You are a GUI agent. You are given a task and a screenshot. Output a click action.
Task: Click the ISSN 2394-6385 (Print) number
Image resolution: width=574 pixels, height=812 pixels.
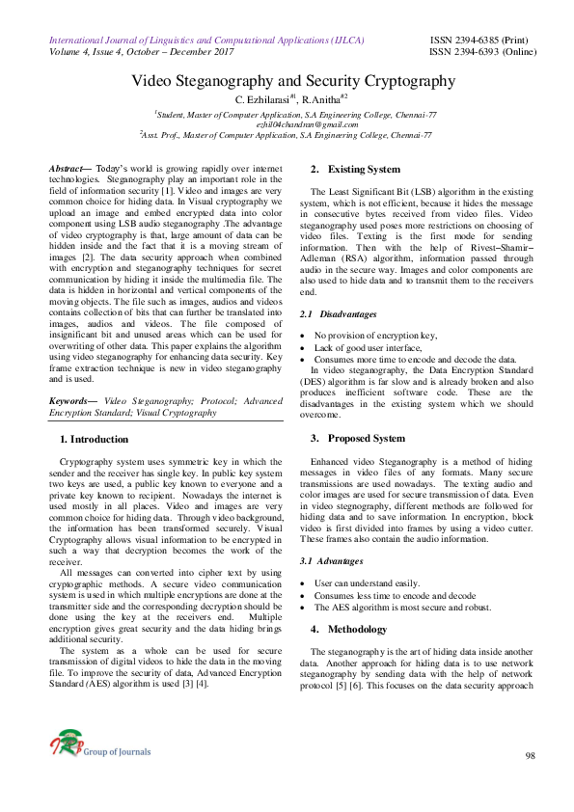point(478,41)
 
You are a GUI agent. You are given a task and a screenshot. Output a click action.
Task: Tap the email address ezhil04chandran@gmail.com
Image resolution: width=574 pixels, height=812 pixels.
point(287,124)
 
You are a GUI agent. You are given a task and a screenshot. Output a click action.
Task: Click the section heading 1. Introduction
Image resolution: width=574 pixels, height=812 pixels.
point(100,439)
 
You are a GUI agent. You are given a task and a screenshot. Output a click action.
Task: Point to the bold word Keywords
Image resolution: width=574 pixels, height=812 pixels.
point(72,398)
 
